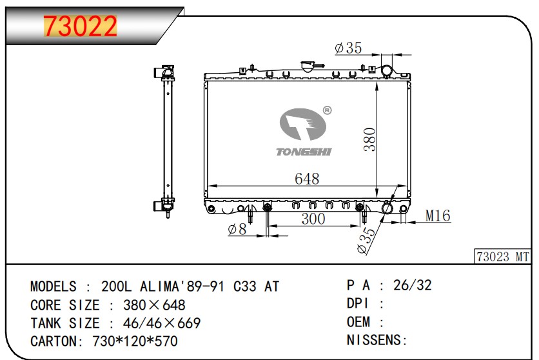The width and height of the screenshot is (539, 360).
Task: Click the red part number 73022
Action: (x=80, y=26)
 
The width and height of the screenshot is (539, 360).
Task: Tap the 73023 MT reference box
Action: (x=502, y=257)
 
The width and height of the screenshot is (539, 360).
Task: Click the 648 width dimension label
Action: (x=307, y=179)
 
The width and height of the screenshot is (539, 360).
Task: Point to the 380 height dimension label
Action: (x=370, y=139)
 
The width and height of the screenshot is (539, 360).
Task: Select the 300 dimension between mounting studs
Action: (x=313, y=219)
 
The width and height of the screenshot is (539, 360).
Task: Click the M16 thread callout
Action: (x=438, y=215)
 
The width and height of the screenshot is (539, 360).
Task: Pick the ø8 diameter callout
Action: (x=237, y=229)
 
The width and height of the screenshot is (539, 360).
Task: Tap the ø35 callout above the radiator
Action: (x=348, y=48)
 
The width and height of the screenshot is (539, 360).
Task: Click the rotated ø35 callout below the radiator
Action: (x=366, y=241)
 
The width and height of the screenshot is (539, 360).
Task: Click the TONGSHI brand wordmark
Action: (x=304, y=152)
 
